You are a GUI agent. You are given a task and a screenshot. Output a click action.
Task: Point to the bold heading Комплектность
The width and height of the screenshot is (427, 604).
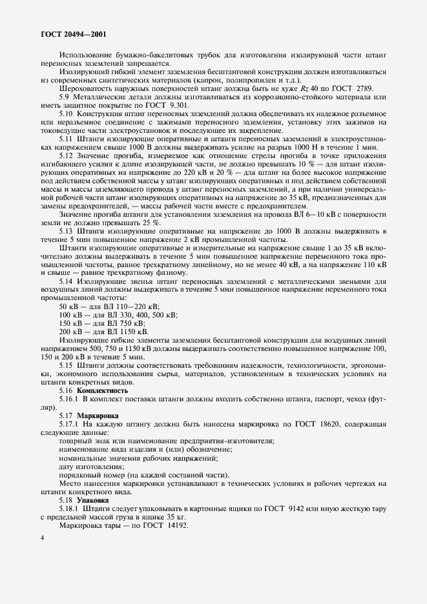click(x=102, y=390)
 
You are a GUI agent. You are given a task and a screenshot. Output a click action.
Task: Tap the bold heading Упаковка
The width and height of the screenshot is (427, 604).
click(x=94, y=499)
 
